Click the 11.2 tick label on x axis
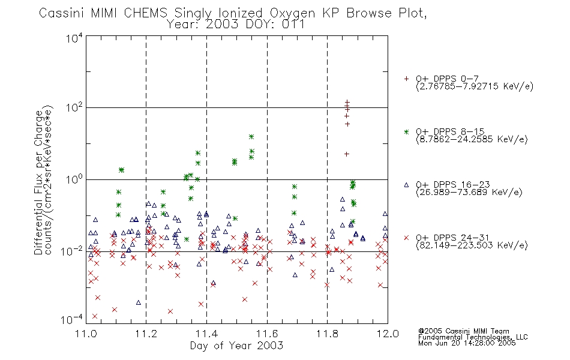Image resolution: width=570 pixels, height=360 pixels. pyautogui.click(x=146, y=334)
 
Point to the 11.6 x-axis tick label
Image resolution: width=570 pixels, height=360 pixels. pyautogui.click(x=267, y=334)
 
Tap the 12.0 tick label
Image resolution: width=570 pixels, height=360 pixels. pyautogui.click(x=388, y=334)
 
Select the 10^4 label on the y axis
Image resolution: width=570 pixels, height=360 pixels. pyautogui.click(x=74, y=38)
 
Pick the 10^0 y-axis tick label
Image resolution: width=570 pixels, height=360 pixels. pyautogui.click(x=74, y=179)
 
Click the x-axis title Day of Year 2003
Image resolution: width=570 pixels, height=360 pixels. pyautogui.click(x=236, y=346)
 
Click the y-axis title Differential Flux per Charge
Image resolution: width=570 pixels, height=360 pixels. pyautogui.click(x=39, y=182)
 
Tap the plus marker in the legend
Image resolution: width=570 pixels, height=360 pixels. pyautogui.click(x=406, y=79)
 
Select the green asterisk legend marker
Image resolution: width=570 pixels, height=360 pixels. pyautogui.click(x=406, y=131)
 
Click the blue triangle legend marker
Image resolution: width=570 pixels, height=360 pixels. pyautogui.click(x=406, y=185)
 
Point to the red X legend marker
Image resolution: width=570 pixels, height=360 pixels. pyautogui.click(x=406, y=238)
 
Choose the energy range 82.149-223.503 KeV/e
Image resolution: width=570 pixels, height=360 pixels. pyautogui.click(x=472, y=245)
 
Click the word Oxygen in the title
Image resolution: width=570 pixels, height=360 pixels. pyautogui.click(x=292, y=13)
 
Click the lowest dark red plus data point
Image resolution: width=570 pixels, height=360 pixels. pyautogui.click(x=347, y=154)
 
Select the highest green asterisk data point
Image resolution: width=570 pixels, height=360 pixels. pyautogui.click(x=251, y=137)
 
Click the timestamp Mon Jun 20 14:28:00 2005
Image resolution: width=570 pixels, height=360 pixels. pyautogui.click(x=467, y=343)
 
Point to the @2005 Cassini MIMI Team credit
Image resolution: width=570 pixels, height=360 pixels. pyautogui.click(x=463, y=331)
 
